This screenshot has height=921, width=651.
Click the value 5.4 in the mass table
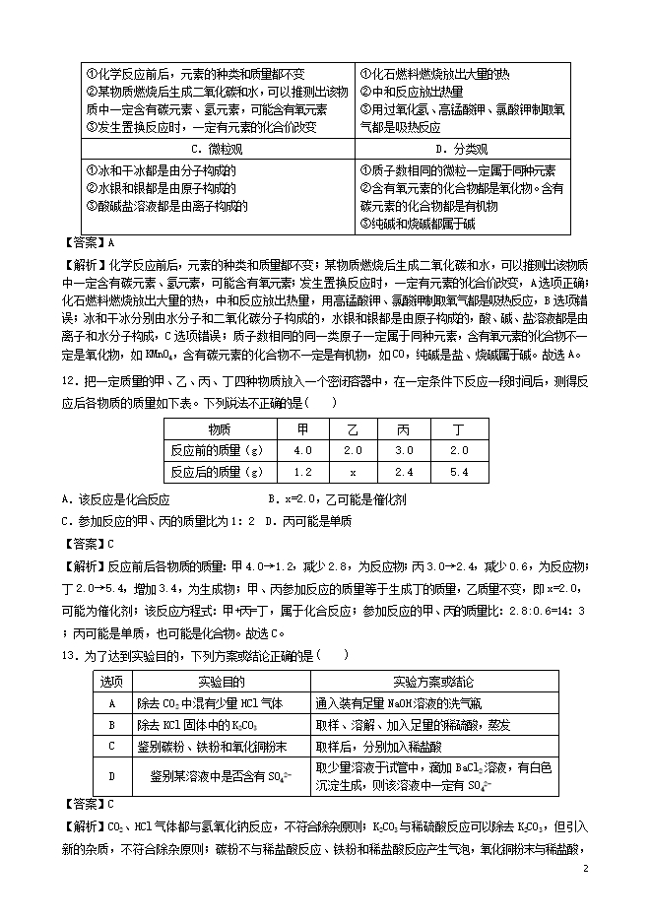coord(458,472)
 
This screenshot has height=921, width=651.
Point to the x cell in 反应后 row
coord(353,472)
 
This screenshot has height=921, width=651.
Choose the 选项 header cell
coord(111,682)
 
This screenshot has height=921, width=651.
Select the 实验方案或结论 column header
coord(433,682)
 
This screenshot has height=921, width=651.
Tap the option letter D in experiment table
coord(111,776)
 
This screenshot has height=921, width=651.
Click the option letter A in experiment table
coord(111,703)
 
